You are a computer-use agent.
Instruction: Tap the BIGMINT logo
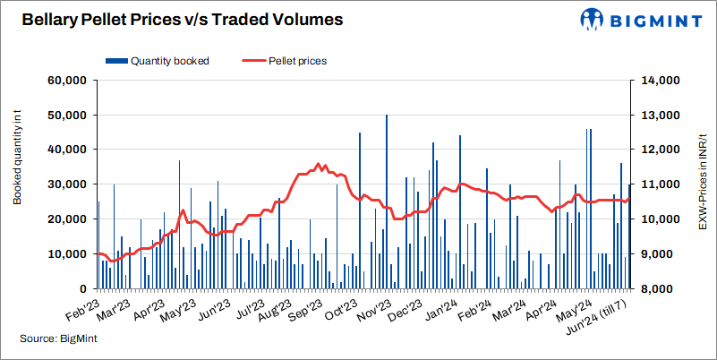point(639,19)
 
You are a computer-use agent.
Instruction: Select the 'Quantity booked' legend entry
point(161,61)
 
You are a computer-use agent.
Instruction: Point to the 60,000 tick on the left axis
point(65,81)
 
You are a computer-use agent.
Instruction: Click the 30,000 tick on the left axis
point(65,184)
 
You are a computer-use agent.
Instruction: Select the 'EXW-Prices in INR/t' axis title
point(703,167)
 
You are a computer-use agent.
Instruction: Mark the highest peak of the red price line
point(319,164)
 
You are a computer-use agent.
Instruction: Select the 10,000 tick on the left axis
point(65,254)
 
